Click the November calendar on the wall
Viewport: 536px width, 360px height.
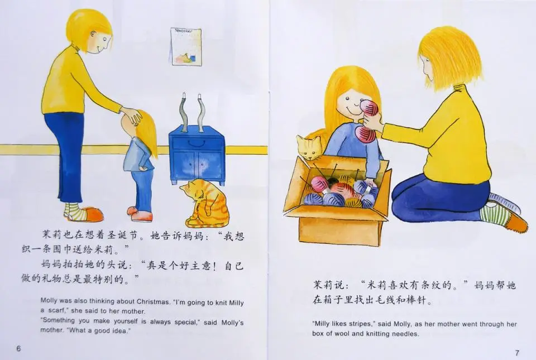186,46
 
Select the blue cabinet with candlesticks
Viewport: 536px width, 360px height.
197,155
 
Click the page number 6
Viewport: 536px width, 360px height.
18,348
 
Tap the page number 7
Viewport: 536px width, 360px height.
517,353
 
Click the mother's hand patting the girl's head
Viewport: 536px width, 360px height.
131,116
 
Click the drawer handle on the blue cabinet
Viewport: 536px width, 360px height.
198,141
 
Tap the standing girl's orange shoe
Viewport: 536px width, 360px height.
141,215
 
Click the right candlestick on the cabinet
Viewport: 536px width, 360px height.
200,112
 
